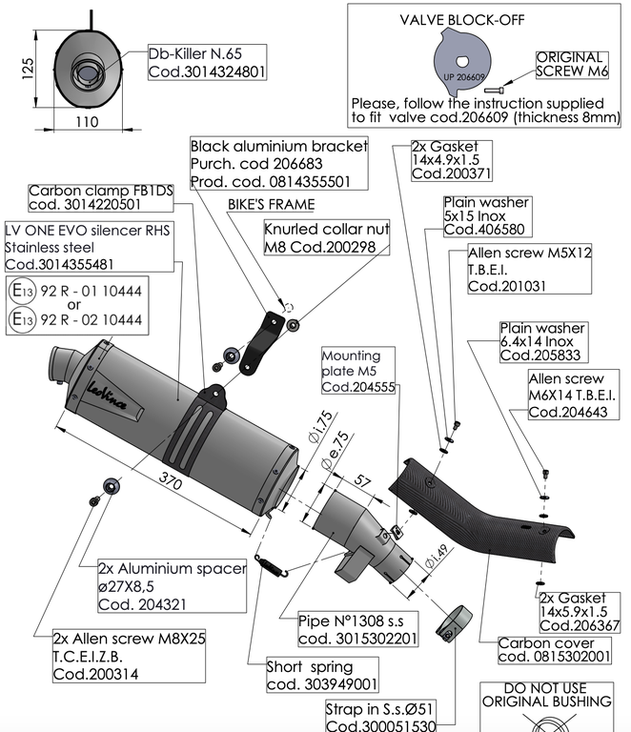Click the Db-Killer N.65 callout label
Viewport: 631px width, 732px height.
coord(207,63)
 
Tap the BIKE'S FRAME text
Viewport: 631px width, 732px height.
coord(271,204)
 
